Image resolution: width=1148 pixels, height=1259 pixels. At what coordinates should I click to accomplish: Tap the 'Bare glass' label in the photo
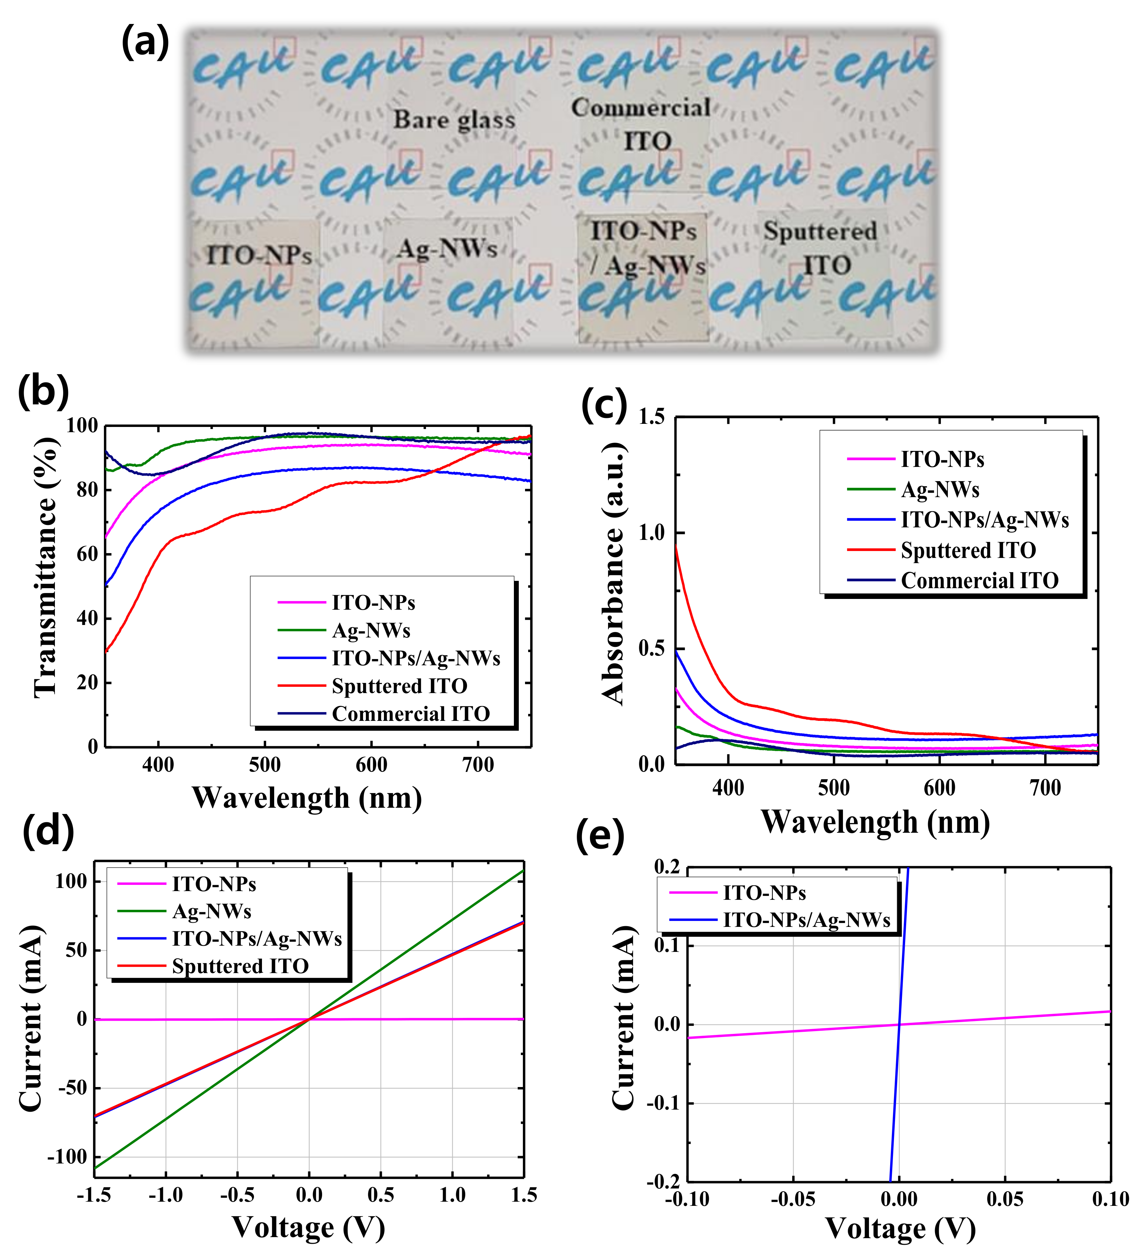pyautogui.click(x=454, y=119)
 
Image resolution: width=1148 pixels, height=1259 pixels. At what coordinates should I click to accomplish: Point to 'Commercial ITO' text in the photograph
pyautogui.click(x=641, y=123)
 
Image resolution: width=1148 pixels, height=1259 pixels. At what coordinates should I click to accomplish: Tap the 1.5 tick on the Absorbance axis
pyautogui.click(x=651, y=417)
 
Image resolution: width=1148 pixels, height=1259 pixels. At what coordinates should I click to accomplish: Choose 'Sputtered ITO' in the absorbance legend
pyautogui.click(x=968, y=550)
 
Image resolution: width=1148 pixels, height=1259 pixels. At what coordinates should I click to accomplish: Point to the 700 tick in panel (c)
pyautogui.click(x=1045, y=788)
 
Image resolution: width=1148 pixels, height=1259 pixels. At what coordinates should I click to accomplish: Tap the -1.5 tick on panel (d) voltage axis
pyautogui.click(x=94, y=1195)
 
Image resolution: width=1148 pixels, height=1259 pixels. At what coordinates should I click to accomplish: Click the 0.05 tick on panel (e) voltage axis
pyautogui.click(x=1004, y=1199)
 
